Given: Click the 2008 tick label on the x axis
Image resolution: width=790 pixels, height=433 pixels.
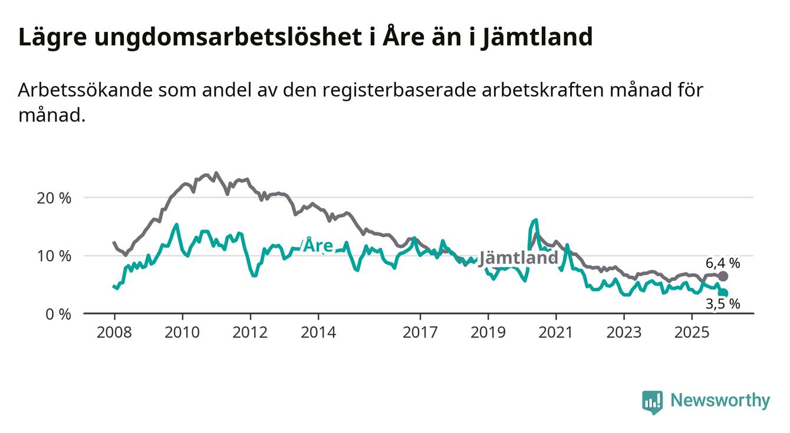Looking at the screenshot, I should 114,333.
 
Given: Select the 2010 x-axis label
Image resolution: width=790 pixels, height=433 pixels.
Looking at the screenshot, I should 182,333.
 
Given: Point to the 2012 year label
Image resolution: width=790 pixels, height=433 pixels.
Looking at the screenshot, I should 250,333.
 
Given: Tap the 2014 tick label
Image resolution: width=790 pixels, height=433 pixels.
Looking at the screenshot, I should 318,333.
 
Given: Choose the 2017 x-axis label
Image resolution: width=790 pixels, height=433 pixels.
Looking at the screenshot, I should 420,333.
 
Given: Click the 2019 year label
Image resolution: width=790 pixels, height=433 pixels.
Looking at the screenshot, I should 488,333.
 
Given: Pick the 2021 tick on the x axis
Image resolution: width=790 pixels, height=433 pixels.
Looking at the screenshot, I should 556,333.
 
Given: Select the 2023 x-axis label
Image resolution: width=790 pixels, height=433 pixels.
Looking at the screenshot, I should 624,333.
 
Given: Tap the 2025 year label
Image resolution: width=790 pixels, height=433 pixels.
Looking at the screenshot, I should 692,333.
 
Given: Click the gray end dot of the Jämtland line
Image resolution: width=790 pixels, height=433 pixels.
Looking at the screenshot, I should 723,276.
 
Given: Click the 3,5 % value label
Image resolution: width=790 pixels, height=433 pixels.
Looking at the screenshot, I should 722,304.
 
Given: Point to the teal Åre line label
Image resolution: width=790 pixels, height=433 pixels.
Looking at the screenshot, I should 318,245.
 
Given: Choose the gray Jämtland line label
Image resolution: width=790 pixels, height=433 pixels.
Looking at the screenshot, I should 518,258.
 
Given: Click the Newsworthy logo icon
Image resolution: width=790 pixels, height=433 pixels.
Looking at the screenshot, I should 652,402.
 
